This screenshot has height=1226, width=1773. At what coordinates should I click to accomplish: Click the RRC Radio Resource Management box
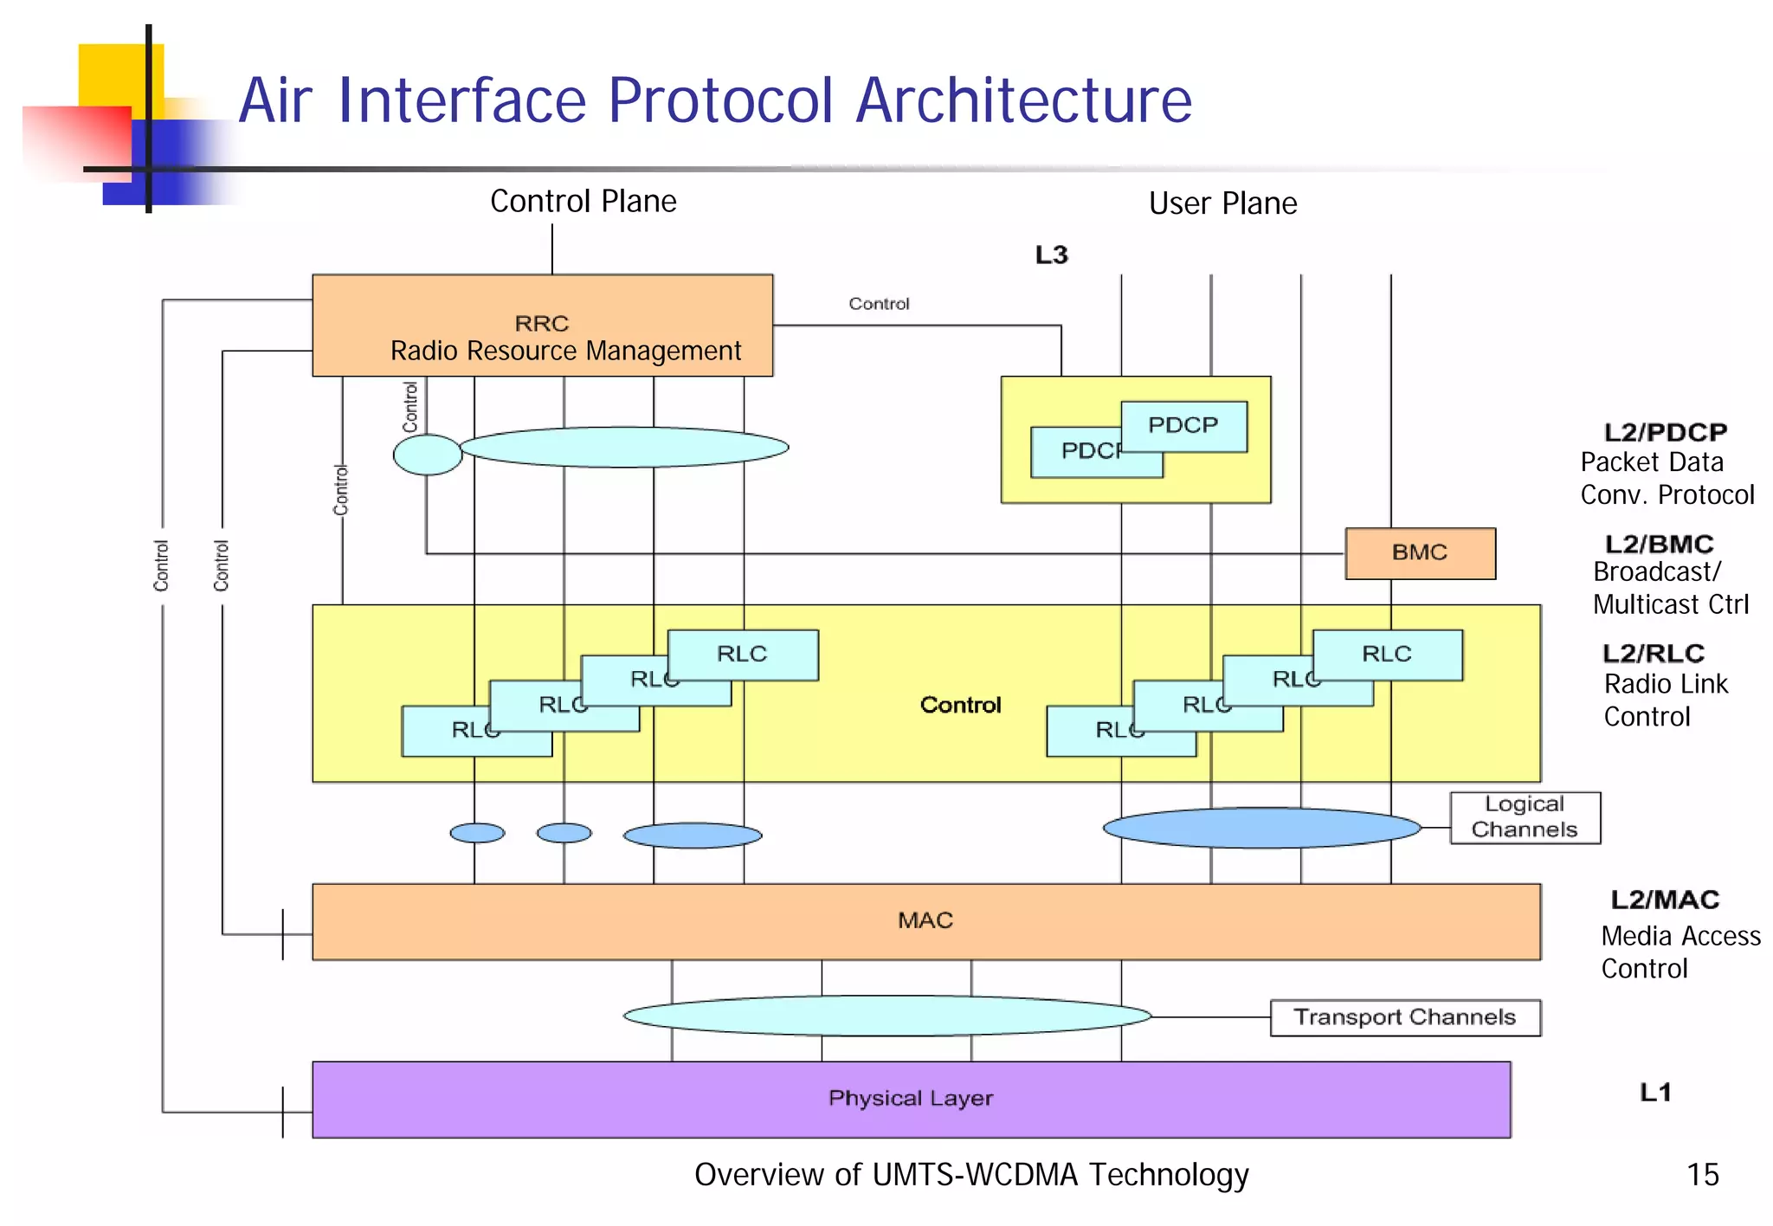(542, 326)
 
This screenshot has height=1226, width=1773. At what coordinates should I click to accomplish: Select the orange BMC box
(1420, 553)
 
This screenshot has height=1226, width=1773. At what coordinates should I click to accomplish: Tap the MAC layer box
(925, 921)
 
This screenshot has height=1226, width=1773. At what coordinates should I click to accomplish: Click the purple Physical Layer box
(911, 1099)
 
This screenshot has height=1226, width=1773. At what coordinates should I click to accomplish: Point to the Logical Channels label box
(1525, 817)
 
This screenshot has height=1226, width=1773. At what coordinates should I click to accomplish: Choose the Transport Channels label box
(1404, 1017)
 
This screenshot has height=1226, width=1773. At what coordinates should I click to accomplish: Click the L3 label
(1052, 255)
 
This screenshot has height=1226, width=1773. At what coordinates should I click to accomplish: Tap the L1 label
(1655, 1093)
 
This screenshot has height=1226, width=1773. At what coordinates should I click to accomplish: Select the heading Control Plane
(583, 202)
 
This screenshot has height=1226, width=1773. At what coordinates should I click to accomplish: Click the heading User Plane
(1222, 203)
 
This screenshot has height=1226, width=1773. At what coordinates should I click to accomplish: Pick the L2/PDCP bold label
(1665, 432)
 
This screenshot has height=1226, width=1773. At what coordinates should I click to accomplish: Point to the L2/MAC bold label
(1664, 900)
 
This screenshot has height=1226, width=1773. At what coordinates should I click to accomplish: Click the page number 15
(1702, 1175)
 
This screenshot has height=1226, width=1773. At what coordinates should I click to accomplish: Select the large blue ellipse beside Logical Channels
(1261, 828)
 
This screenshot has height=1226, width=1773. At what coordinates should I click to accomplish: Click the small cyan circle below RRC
(427, 455)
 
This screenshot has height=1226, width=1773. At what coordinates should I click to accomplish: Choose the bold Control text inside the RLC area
(960, 705)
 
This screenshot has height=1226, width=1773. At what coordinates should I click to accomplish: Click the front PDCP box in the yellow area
(1183, 426)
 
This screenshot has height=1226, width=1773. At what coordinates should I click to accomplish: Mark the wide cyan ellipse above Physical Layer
(886, 1016)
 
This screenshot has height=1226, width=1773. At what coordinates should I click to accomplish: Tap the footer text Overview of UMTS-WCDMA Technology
(971, 1175)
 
